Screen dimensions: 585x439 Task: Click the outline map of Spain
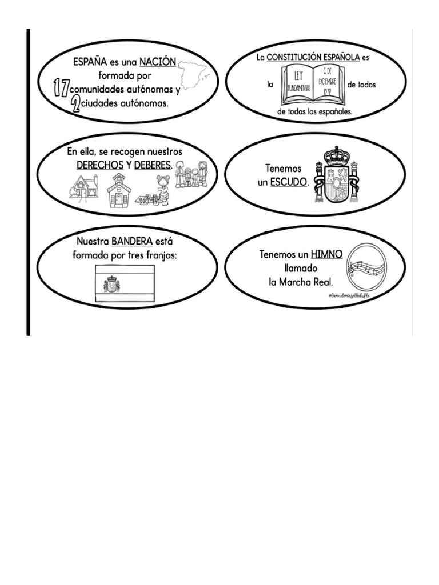coord(195,74)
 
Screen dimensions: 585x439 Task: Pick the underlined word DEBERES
coord(153,165)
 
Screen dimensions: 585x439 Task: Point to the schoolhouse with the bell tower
coord(119,190)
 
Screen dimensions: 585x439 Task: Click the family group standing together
coord(191,174)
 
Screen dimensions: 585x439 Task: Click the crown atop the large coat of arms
coord(337,156)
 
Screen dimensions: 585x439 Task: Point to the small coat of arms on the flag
coord(111,283)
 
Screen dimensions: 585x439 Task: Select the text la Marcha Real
coord(300,282)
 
